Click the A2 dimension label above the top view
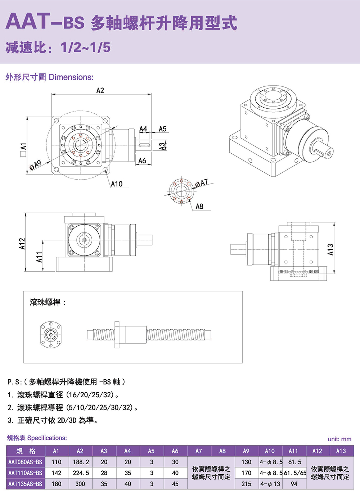point(100,90)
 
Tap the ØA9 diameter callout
point(35,165)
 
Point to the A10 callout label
point(117,184)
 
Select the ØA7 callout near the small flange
point(202,183)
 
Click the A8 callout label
point(199,206)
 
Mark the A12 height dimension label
point(22,244)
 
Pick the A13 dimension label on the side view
point(330,249)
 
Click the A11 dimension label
point(40,257)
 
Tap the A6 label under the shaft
point(143,161)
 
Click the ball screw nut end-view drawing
point(51,335)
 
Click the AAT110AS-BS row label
point(25,473)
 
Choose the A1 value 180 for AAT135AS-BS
point(57,484)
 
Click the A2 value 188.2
point(81,462)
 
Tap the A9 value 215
point(246,484)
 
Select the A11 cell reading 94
point(294,484)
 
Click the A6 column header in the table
point(175,451)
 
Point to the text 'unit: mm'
point(339,439)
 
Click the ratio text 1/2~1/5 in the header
point(86,48)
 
